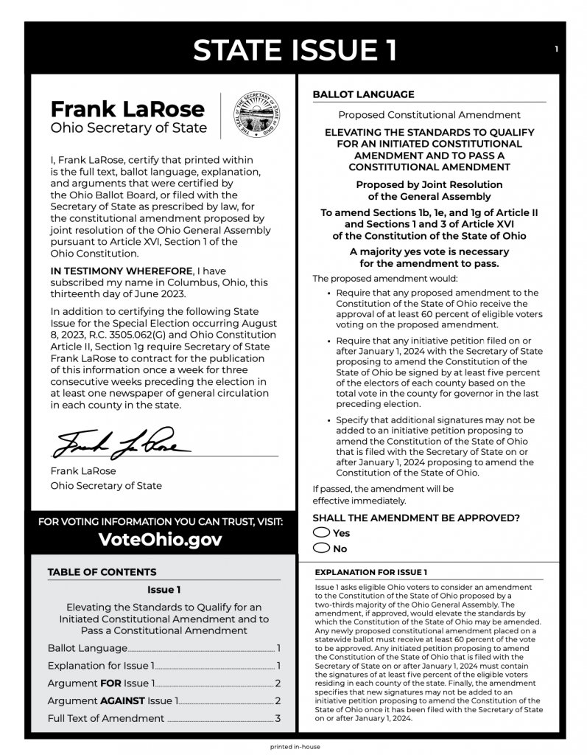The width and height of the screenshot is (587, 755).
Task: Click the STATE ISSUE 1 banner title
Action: [x=294, y=49]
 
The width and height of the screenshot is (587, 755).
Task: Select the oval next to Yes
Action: [x=321, y=532]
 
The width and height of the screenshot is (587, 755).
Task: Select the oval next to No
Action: [x=321, y=548]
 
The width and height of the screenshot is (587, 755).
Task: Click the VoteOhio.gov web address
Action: [x=160, y=540]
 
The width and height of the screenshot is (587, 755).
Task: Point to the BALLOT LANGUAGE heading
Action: [x=363, y=94]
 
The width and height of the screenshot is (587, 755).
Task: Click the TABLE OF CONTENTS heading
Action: [x=102, y=572]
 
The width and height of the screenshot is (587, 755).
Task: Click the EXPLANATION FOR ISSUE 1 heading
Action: [x=370, y=572]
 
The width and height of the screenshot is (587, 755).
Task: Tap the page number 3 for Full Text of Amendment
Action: [x=278, y=718]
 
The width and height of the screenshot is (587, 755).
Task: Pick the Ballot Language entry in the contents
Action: [x=87, y=648]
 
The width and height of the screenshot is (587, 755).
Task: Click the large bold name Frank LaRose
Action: [x=127, y=109]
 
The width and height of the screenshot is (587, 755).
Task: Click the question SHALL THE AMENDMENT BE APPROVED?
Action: [x=416, y=518]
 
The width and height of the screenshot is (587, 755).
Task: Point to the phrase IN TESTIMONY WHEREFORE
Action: [x=121, y=271]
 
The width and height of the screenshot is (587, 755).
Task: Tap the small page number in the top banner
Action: [x=557, y=49]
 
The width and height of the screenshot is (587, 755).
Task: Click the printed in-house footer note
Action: [x=295, y=746]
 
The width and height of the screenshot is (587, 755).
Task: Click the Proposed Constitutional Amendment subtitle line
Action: [x=429, y=115]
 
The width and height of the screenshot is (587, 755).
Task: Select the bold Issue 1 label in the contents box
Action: [x=164, y=589]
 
